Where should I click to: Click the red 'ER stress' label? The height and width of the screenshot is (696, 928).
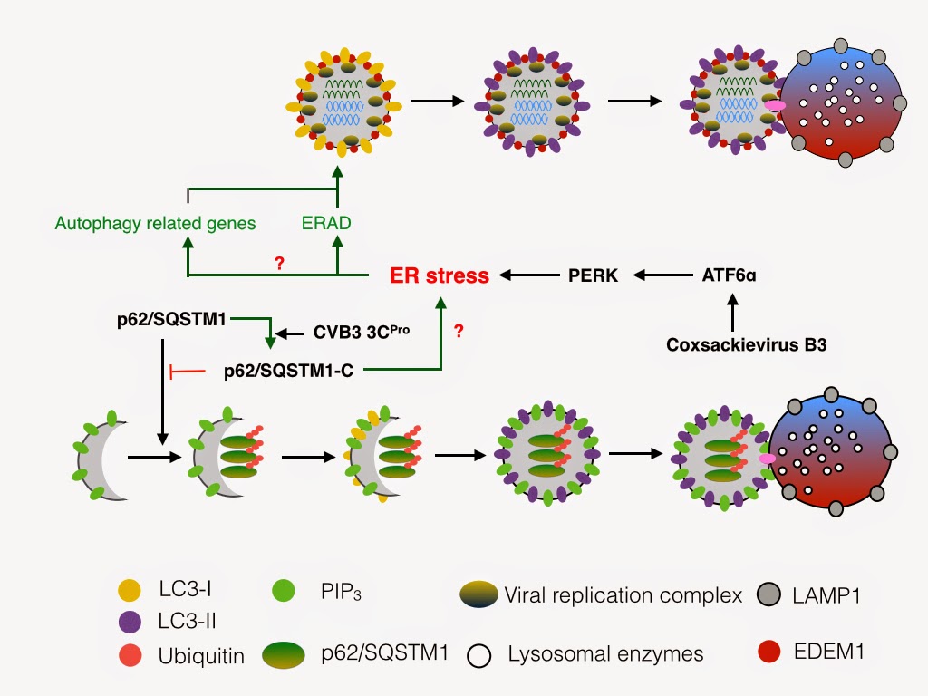(x=440, y=275)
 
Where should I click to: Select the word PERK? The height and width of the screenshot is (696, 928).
(x=594, y=275)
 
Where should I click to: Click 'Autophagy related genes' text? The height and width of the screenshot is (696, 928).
(x=155, y=222)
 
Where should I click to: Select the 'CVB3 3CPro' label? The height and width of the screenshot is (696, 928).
(x=362, y=332)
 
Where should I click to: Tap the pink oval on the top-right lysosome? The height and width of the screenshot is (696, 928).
(x=775, y=106)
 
